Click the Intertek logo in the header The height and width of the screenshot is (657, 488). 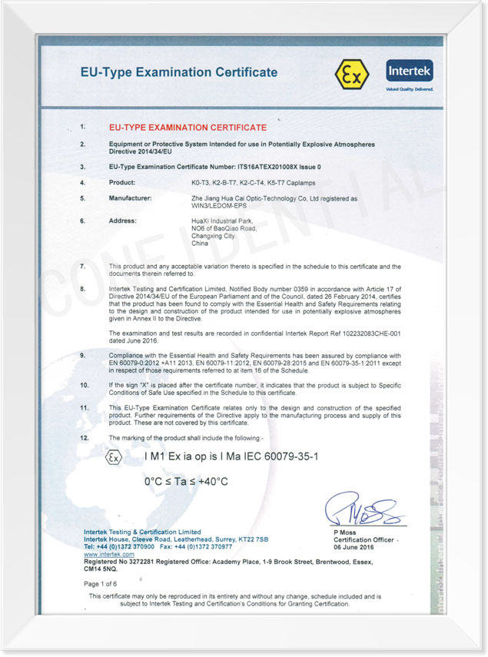410,72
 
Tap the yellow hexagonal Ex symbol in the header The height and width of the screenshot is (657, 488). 352,74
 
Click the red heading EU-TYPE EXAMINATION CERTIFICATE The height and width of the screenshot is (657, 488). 188,128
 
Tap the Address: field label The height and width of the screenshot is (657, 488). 123,221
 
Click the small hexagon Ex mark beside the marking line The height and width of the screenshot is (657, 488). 113,457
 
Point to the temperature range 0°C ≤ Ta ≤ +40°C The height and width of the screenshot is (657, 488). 187,482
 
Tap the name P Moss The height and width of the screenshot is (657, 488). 344,533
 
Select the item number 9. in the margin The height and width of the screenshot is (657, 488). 83,356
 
